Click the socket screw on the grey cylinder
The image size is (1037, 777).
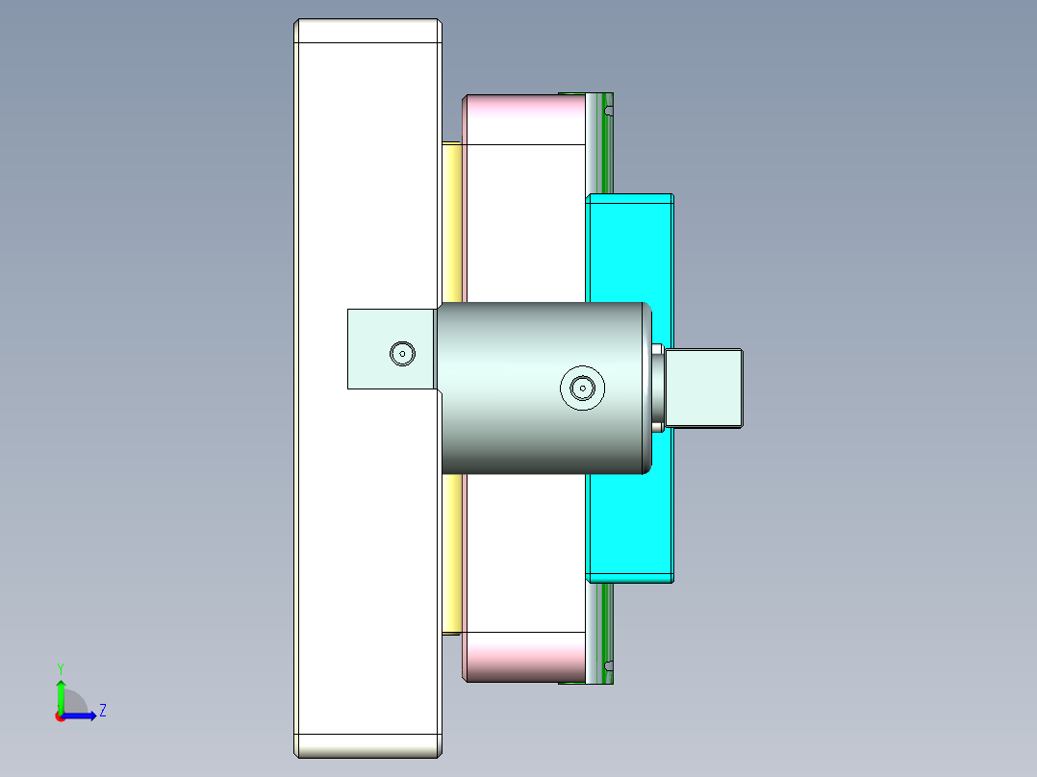tap(582, 388)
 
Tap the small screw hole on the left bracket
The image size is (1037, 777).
tap(402, 353)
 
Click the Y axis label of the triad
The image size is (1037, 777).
tap(60, 668)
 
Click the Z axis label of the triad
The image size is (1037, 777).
tap(103, 711)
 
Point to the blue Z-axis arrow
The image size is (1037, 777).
tap(83, 715)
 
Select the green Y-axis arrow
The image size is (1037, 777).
tap(61, 694)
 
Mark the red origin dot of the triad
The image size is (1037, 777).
tap(60, 716)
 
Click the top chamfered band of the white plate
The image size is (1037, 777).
tap(367, 32)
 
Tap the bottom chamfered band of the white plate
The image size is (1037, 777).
tap(367, 745)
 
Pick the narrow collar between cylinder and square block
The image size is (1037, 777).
tap(658, 388)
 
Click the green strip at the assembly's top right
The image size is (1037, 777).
tap(607, 144)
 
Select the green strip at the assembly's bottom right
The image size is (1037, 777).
tap(607, 630)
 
